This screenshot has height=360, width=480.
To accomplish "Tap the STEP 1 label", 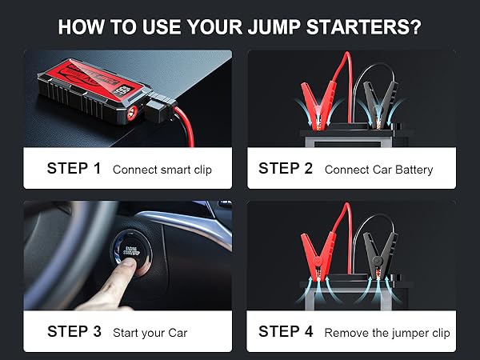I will tap(74, 169).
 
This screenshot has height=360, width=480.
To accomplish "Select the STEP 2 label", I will tap(286, 169).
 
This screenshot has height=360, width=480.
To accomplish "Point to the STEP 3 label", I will tap(74, 331).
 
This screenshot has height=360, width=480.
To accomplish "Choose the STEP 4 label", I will tap(286, 331).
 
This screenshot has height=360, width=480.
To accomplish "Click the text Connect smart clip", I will tap(162, 170).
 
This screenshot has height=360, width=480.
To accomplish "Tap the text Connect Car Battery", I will tap(378, 170).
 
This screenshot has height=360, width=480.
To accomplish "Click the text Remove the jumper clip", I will tap(387, 332).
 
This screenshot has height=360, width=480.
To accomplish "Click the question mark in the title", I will tap(415, 26).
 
